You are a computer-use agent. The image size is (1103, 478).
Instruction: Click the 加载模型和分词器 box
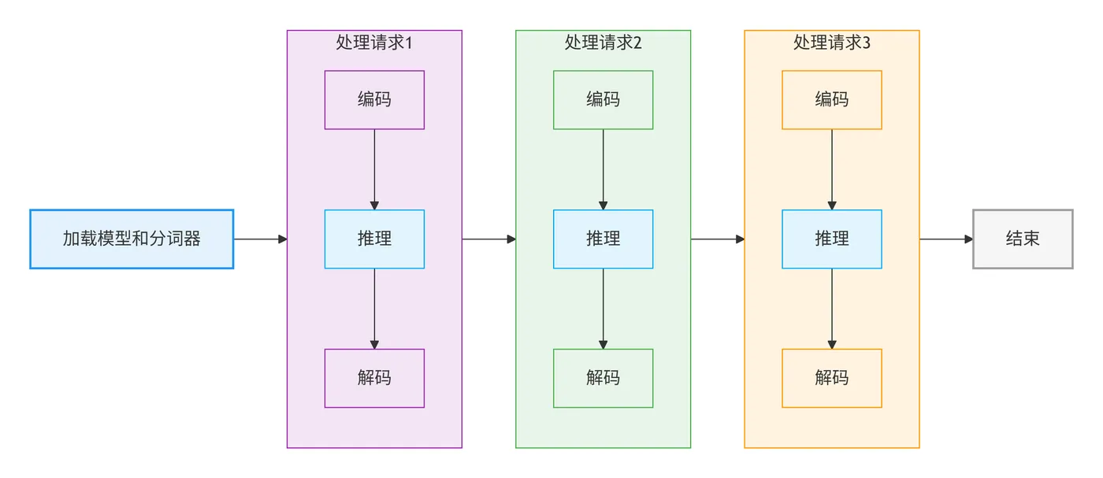click(x=132, y=239)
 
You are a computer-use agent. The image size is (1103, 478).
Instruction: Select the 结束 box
click(x=1023, y=239)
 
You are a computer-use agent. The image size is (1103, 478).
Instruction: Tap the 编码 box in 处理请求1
click(x=374, y=100)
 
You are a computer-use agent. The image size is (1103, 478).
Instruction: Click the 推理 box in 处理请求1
click(x=374, y=239)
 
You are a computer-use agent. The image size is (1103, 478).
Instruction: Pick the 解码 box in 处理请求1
click(x=374, y=378)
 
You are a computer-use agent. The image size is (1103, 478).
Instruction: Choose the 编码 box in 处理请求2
click(x=603, y=100)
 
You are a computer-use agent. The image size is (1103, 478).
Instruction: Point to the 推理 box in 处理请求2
click(x=603, y=239)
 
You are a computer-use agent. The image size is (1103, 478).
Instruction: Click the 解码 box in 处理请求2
click(x=603, y=378)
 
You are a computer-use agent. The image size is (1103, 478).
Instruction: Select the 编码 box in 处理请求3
click(x=831, y=100)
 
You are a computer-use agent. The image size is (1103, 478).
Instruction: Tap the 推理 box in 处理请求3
click(x=831, y=239)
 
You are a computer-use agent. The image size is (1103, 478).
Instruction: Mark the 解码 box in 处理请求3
click(x=831, y=378)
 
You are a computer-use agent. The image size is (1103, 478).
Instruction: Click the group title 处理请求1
click(x=374, y=43)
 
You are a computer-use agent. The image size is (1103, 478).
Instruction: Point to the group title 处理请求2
click(x=603, y=43)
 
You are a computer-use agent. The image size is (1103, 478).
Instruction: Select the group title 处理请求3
click(x=831, y=43)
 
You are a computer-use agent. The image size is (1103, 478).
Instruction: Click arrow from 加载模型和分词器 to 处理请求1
click(x=260, y=239)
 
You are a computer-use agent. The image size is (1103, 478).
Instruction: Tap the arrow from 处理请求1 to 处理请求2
click(x=488, y=239)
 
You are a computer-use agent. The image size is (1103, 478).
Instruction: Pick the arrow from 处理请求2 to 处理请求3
click(x=717, y=239)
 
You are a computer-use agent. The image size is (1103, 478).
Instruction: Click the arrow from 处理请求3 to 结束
click(x=945, y=239)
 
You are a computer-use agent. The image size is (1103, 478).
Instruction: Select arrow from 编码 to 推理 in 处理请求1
click(x=374, y=169)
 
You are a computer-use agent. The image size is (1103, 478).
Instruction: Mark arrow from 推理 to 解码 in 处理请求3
click(x=831, y=309)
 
